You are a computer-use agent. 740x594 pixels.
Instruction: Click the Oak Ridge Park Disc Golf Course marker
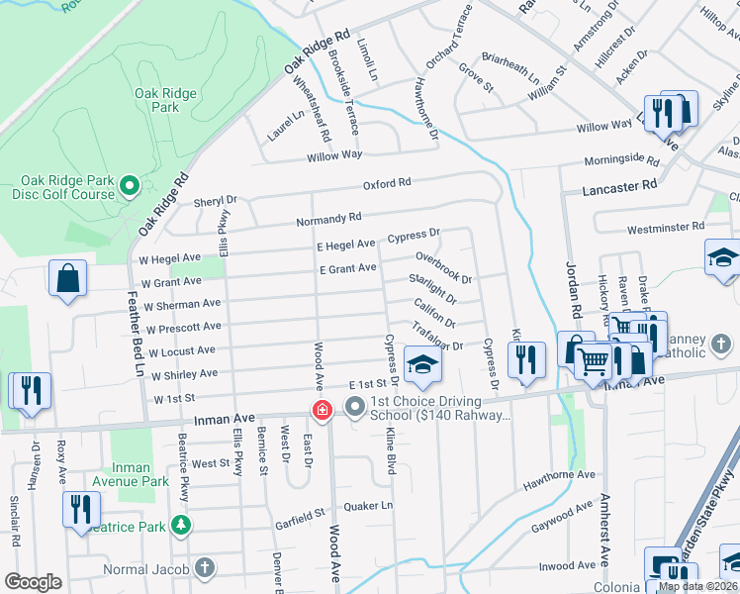[x=128, y=185]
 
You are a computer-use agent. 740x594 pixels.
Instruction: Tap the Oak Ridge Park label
[x=165, y=101]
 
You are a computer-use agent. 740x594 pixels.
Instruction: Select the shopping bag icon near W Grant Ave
[x=68, y=281]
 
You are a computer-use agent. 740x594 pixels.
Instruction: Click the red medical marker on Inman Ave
[x=322, y=409]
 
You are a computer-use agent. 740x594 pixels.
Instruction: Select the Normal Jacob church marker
[x=204, y=568]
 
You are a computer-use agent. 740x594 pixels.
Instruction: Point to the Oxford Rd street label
[x=386, y=183]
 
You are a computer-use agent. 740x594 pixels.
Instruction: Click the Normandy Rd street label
[x=329, y=219]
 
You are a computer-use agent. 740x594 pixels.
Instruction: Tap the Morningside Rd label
[x=620, y=159]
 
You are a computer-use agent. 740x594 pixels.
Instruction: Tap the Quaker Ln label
[x=367, y=505]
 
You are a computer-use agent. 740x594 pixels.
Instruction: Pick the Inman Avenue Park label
[x=134, y=475]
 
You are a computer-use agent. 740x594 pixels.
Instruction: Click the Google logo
[x=34, y=582]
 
